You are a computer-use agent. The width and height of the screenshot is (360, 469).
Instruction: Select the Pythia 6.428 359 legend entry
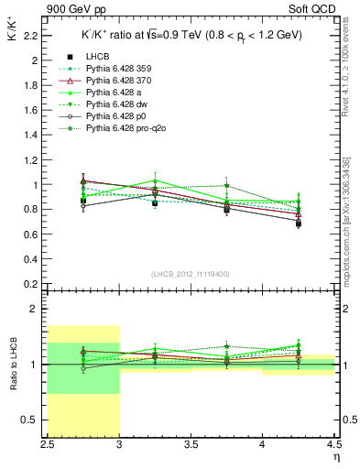[120, 71]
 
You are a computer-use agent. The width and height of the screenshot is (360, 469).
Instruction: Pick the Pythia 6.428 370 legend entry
[120, 82]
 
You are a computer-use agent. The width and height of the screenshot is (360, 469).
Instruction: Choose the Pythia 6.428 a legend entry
[115, 94]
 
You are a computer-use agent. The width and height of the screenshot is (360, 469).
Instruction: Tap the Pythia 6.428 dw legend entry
[117, 106]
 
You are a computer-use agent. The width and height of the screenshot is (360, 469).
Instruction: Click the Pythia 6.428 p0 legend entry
[117, 118]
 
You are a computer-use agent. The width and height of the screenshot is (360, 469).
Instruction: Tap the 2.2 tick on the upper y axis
[34, 36]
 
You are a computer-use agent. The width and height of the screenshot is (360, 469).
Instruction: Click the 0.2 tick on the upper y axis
[34, 283]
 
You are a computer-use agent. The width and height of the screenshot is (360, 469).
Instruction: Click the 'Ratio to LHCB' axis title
[14, 364]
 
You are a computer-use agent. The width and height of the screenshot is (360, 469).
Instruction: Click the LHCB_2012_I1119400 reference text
[190, 273]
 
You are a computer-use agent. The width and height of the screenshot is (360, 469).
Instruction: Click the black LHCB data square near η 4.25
[299, 248]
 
